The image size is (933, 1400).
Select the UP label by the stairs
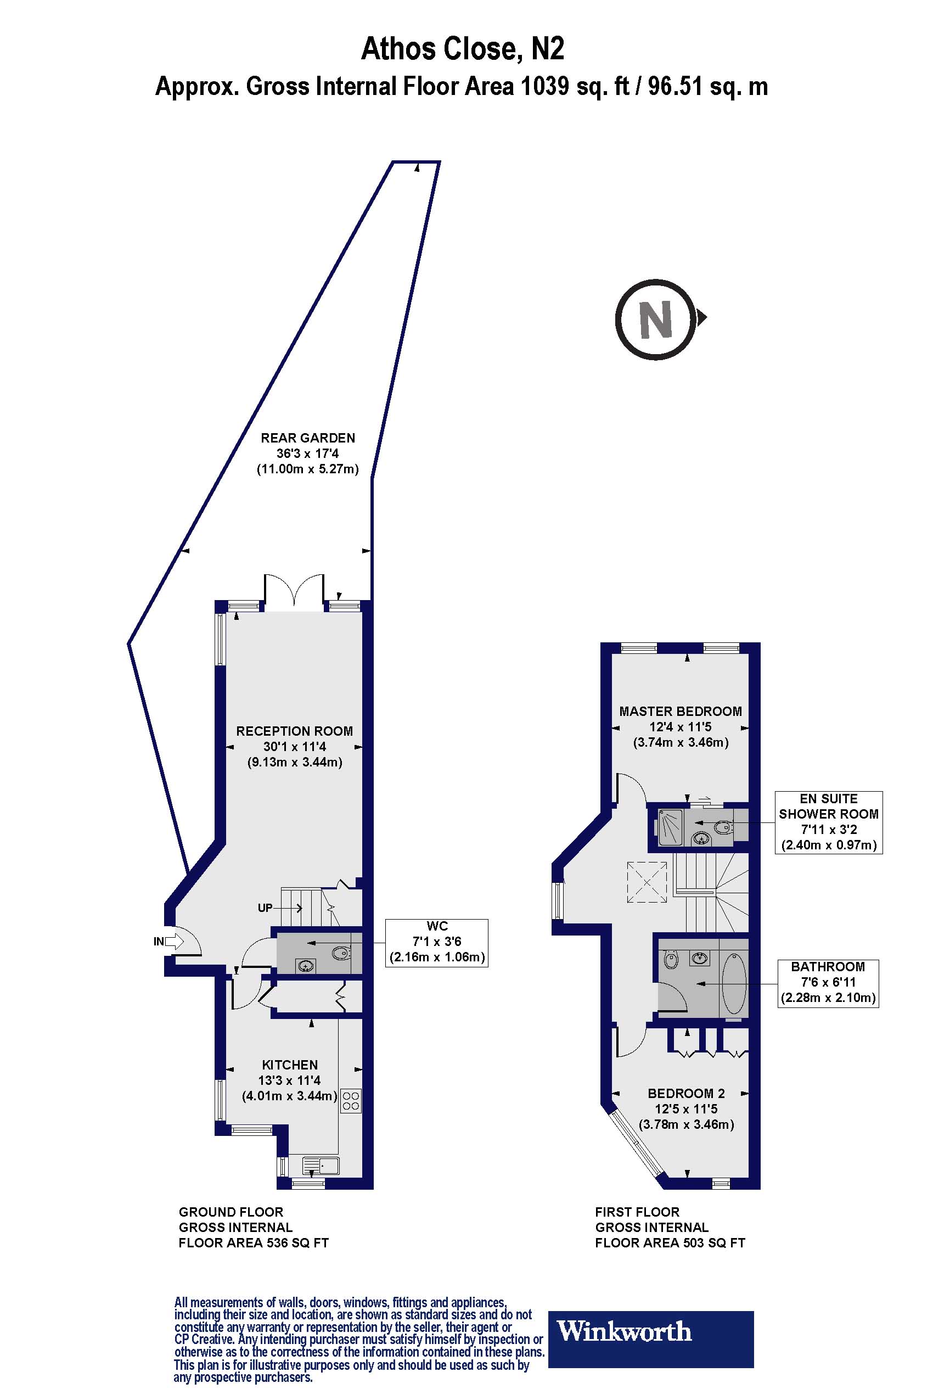266,908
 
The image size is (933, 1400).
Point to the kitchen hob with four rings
351,1101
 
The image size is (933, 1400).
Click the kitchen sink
320,1165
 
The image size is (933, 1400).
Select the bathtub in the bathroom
734,984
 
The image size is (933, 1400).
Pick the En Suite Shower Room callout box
828,822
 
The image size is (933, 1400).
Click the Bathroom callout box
828,983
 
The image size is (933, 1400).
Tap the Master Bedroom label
680,712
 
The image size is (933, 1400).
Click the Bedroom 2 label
686,1094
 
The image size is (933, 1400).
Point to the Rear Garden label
308,438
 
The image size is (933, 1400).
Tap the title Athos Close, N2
463,49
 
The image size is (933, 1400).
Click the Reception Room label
295,731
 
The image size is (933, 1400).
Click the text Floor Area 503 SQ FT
670,1243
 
